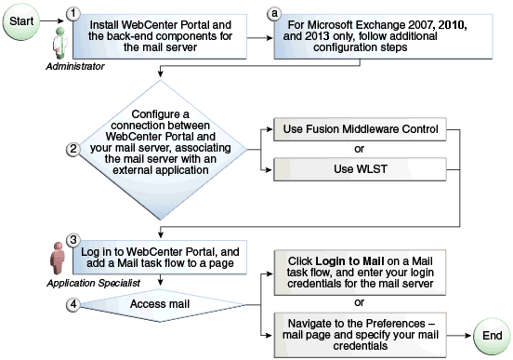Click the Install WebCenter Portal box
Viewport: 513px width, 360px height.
coord(163,37)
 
